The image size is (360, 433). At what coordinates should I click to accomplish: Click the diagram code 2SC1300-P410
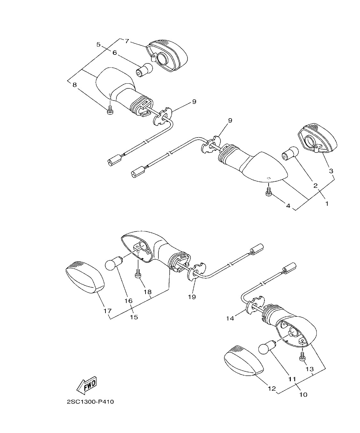pyautogui.click(x=90, y=402)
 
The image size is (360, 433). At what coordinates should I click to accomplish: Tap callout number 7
pyautogui.click(x=127, y=41)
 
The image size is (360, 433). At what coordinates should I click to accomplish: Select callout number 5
pyautogui.click(x=98, y=44)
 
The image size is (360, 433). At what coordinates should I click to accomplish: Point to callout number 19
pyautogui.click(x=192, y=297)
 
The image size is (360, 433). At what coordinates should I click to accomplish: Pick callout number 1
pyautogui.click(x=327, y=203)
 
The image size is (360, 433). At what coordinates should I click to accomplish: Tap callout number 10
pyautogui.click(x=303, y=394)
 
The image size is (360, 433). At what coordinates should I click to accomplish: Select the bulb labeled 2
pyautogui.click(x=290, y=153)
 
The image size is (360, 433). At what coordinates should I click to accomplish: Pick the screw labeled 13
pyautogui.click(x=302, y=356)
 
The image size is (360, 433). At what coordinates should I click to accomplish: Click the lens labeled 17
pyautogui.click(x=85, y=277)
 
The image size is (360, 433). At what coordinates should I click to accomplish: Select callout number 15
pyautogui.click(x=134, y=317)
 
